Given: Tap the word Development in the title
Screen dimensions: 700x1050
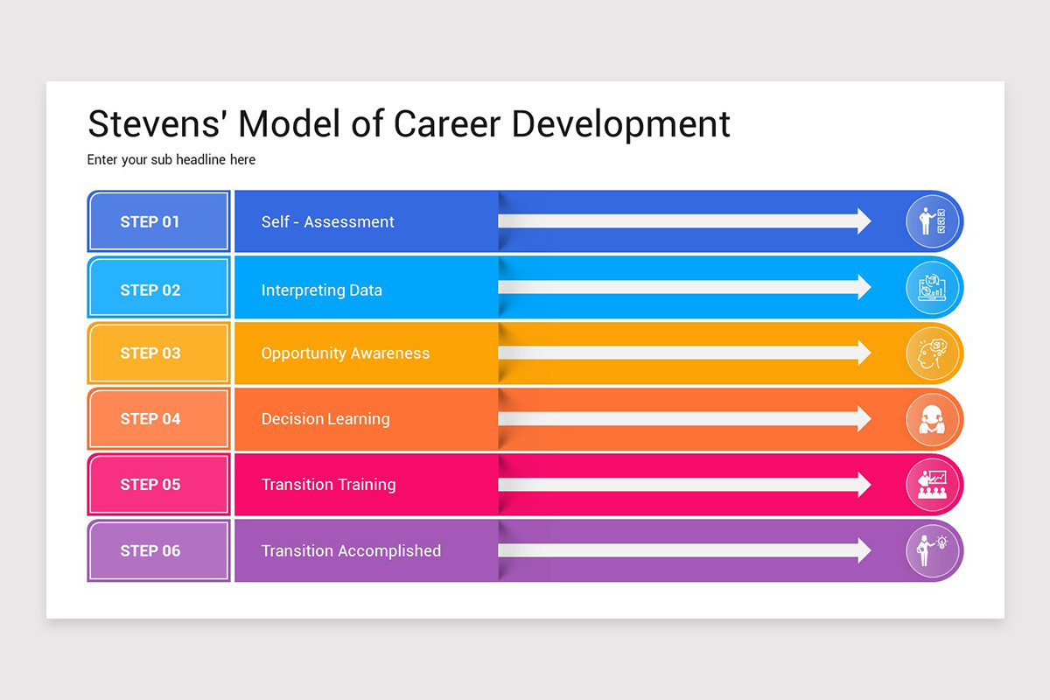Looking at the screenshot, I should (x=620, y=124).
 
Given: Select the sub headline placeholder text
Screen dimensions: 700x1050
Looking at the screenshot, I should (x=171, y=160).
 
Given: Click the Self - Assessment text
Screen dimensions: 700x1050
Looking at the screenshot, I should (x=327, y=222).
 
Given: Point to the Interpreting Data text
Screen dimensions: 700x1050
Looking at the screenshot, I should (x=321, y=290).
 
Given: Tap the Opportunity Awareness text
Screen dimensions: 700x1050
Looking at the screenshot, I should (x=345, y=353).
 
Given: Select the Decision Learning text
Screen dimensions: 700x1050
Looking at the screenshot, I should (x=325, y=419).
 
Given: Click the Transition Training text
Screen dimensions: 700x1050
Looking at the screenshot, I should (x=328, y=485).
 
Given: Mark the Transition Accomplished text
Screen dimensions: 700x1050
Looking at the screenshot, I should (x=351, y=551).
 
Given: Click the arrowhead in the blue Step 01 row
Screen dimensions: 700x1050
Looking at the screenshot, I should (x=864, y=221).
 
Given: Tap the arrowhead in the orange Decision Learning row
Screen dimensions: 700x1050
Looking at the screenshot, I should (x=864, y=418).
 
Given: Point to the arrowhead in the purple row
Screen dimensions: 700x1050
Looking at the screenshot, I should (x=864, y=550).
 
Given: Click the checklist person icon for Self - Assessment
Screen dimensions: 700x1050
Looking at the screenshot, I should (x=932, y=222).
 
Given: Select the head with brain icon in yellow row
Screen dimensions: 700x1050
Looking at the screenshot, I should (x=932, y=353).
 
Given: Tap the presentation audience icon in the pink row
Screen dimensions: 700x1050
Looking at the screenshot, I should (x=932, y=485).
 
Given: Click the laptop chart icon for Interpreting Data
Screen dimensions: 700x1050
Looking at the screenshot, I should (x=932, y=288).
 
